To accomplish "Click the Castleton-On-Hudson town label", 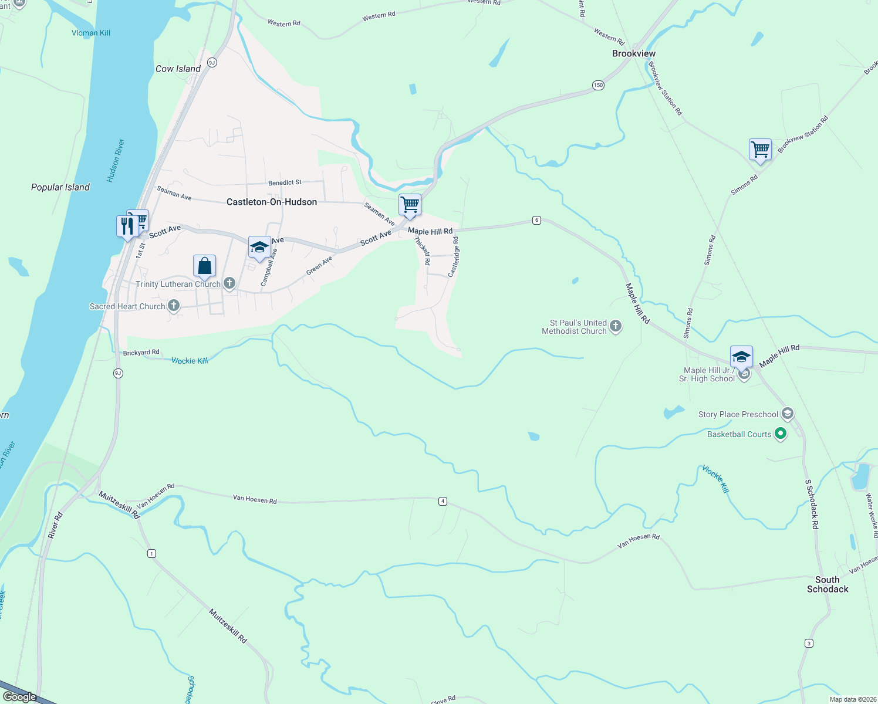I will click(272, 202).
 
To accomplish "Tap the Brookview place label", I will click(634, 53).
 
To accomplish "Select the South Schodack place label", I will click(827, 584).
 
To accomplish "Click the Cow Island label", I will click(178, 69).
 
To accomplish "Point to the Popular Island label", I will click(60, 187).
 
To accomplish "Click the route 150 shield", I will click(597, 85).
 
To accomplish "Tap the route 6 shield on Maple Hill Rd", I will click(536, 220).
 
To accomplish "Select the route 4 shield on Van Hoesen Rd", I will click(443, 501).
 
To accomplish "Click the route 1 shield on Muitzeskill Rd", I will click(152, 553).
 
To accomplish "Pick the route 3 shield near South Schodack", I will click(809, 644).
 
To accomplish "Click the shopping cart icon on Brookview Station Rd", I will click(760, 150).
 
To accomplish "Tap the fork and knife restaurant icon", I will click(127, 226).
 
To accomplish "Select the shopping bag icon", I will click(204, 266).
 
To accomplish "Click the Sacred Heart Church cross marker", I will click(174, 306).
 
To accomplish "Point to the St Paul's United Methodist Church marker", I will click(615, 326).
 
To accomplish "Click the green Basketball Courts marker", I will click(780, 434).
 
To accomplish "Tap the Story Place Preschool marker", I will click(787, 414).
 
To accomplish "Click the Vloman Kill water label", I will click(91, 33).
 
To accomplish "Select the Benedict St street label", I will click(285, 182).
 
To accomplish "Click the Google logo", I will click(19, 696).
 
